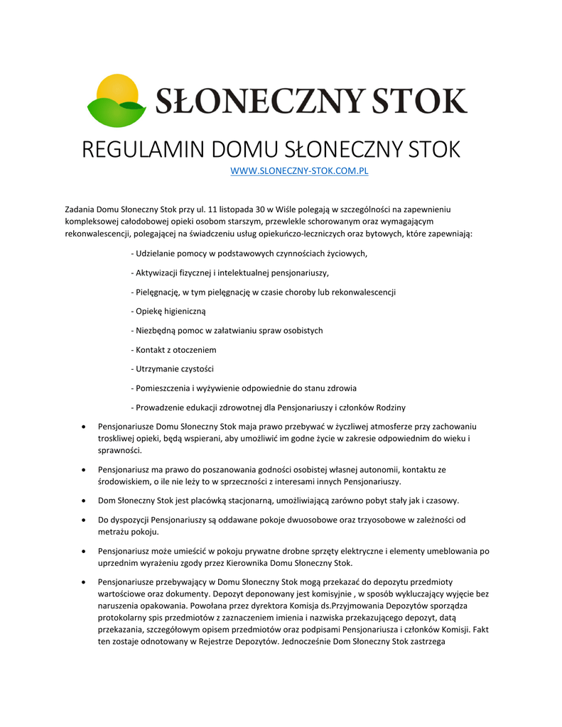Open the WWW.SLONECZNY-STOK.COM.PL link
[x=300, y=171]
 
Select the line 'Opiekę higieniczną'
[x=168, y=311]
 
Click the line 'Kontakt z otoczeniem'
[x=173, y=350]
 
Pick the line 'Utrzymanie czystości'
[x=173, y=369]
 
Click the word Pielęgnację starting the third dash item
[x=157, y=292]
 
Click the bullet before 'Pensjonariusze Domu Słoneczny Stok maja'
[x=85, y=427]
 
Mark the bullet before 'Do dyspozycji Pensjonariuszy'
[x=85, y=520]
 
